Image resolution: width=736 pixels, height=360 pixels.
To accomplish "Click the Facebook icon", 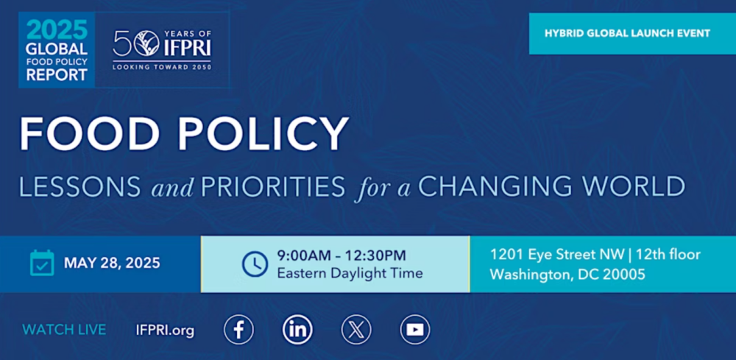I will [x=238, y=330].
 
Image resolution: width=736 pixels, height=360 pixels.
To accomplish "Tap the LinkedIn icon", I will [x=297, y=330].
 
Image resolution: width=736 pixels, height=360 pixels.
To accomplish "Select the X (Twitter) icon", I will [x=356, y=330].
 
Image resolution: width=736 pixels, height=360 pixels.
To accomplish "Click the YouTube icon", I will [x=415, y=330].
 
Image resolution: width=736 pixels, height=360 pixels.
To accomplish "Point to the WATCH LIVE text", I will [x=64, y=330].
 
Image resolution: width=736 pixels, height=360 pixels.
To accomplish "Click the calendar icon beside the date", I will [x=42, y=263].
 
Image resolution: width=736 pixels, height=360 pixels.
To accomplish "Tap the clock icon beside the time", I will [x=255, y=264].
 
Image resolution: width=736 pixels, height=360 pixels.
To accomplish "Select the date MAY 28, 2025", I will [x=112, y=263].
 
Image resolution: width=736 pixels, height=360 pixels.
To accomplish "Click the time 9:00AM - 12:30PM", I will [x=342, y=255].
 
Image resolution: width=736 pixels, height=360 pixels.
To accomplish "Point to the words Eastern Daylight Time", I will [x=350, y=273].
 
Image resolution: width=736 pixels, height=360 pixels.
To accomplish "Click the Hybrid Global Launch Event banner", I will [x=632, y=33].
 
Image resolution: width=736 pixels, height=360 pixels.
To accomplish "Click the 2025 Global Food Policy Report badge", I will [x=57, y=50].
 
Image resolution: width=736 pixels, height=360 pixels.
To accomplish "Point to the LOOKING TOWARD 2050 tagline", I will [x=162, y=67].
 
